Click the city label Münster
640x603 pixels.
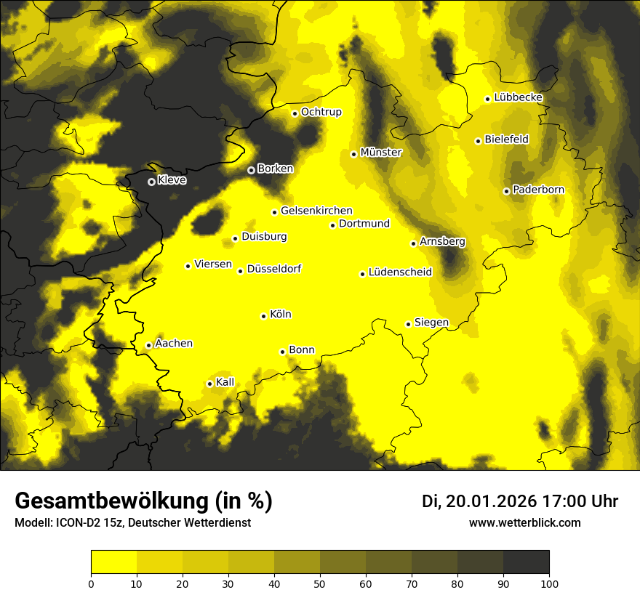(x=381, y=153)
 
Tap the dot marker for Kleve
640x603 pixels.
(x=151, y=182)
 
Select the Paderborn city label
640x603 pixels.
(x=538, y=190)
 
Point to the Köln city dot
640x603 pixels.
(x=263, y=316)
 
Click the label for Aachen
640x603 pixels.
(x=174, y=343)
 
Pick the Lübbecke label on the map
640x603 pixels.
(x=519, y=97)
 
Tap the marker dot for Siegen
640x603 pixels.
(x=408, y=324)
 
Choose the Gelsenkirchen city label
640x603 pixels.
(x=316, y=211)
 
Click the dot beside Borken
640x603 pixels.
(x=251, y=170)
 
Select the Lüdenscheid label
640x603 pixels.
(x=400, y=272)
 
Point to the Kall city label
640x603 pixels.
(x=225, y=381)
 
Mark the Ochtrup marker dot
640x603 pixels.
(x=295, y=113)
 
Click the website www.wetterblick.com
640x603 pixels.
(x=524, y=522)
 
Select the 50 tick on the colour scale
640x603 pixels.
(x=320, y=583)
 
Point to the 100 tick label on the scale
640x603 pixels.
(x=549, y=583)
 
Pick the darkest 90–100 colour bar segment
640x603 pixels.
(x=526, y=562)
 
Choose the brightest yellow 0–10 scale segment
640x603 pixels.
(x=113, y=562)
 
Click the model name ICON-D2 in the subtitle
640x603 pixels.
(x=76, y=522)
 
